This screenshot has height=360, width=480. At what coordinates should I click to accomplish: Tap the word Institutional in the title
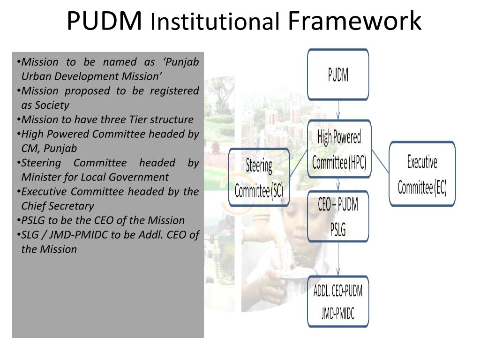[216, 22]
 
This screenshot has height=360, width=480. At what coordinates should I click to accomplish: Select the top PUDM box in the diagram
[338, 75]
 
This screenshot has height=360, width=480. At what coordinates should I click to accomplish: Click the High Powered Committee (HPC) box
[339, 150]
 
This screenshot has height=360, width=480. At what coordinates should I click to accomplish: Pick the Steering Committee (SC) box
[259, 178]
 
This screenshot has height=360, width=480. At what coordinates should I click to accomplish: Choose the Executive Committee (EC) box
[422, 174]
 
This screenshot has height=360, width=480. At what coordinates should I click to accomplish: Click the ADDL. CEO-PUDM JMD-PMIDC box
[338, 302]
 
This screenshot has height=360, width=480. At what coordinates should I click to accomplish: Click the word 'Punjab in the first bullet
[182, 62]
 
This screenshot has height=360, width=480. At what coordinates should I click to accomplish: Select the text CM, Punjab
[49, 148]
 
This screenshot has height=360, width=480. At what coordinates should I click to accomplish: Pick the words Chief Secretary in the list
[58, 206]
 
